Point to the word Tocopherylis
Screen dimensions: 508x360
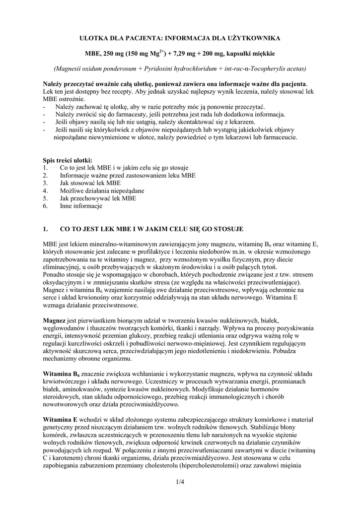[x=268, y=68]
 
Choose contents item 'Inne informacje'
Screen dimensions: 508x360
[x=81, y=205]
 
